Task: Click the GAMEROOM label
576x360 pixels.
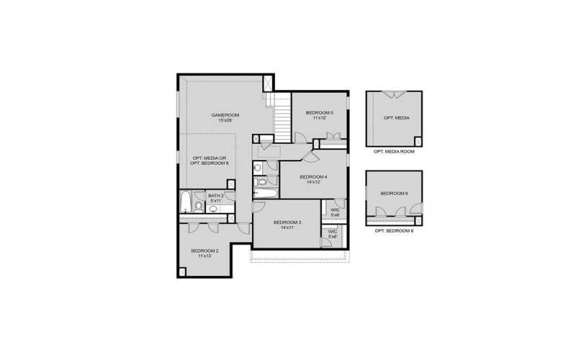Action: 225,115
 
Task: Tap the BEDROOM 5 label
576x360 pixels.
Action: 320,112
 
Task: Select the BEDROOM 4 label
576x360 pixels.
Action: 313,177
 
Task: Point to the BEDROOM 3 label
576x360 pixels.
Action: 287,222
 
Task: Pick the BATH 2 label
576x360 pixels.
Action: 216,195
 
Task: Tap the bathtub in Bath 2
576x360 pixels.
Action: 185,202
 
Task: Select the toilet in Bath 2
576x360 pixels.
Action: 198,208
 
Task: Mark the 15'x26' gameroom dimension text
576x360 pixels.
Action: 225,121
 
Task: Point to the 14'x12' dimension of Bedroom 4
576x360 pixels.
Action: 313,183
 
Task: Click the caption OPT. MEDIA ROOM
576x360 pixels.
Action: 393,153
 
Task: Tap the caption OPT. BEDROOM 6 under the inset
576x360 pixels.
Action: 394,231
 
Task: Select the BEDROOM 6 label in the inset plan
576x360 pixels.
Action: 394,193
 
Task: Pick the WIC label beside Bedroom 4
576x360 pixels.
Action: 334,210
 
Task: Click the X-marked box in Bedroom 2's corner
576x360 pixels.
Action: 182,271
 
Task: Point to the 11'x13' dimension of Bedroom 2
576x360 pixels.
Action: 204,256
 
